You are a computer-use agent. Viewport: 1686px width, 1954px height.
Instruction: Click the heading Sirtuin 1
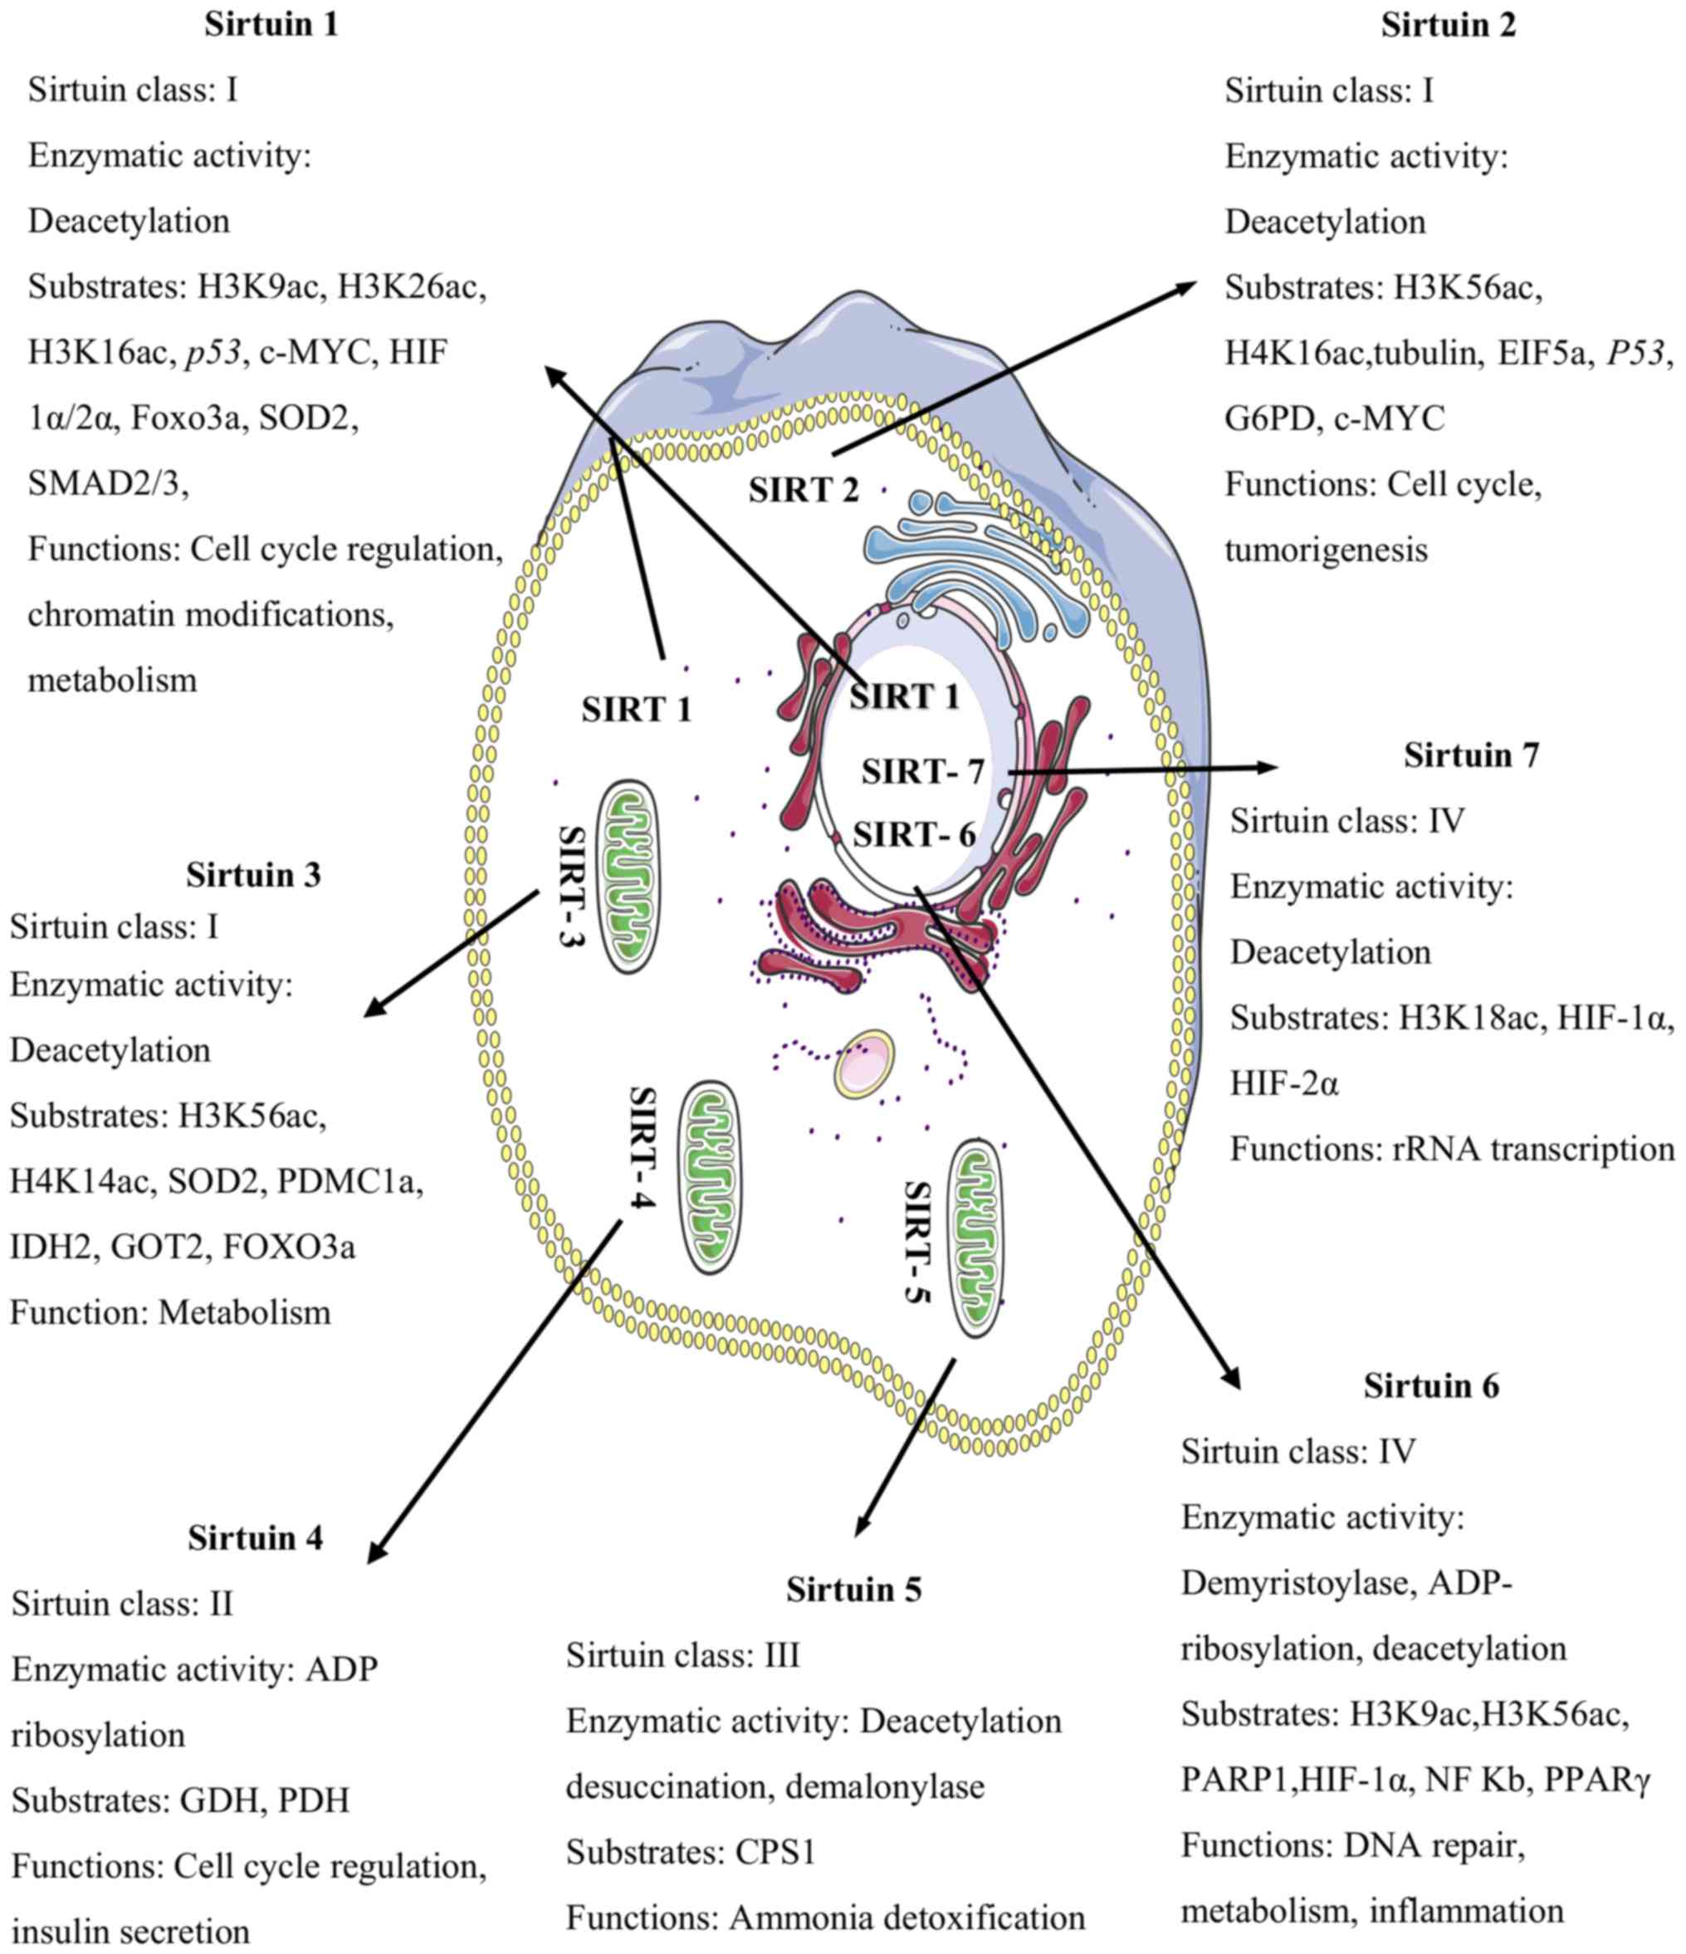pyautogui.click(x=271, y=26)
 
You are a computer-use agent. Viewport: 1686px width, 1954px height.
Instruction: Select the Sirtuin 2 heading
pyautogui.click(x=1448, y=26)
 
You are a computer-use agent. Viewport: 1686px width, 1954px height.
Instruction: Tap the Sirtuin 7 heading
pyautogui.click(x=1471, y=755)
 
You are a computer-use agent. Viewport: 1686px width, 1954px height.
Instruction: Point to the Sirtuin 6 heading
pyautogui.click(x=1430, y=1386)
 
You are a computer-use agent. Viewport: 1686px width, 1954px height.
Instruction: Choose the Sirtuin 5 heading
pyautogui.click(x=853, y=1590)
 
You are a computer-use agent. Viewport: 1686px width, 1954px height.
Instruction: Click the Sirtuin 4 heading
pyautogui.click(x=255, y=1538)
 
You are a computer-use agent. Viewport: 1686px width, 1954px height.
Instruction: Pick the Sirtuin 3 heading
pyautogui.click(x=252, y=875)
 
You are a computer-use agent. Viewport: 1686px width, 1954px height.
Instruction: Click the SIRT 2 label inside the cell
pyautogui.click(x=804, y=491)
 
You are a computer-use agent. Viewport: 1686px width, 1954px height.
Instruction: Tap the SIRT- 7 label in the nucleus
pyautogui.click(x=922, y=772)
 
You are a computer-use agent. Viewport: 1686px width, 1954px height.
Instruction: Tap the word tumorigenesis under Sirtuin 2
pyautogui.click(x=1326, y=550)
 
